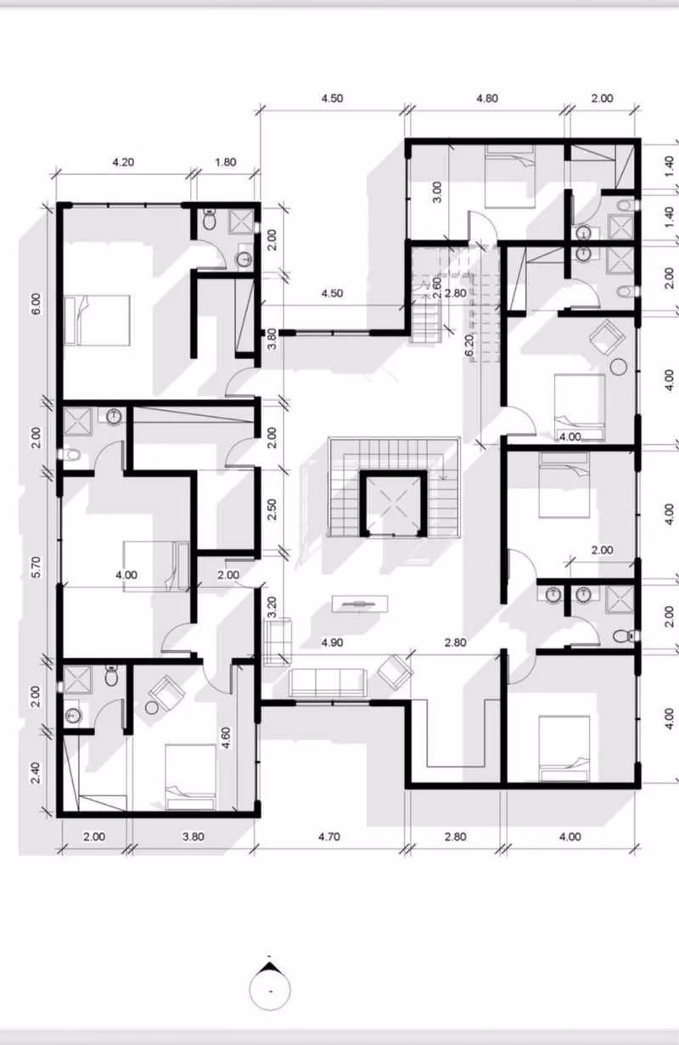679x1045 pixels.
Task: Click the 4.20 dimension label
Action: click(124, 162)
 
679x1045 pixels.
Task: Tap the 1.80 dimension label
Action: click(226, 162)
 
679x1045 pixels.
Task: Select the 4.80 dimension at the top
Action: click(486, 98)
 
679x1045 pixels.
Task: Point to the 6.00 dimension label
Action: click(36, 303)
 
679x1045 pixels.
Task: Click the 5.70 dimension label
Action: click(36, 568)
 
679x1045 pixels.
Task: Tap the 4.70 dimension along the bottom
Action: click(329, 836)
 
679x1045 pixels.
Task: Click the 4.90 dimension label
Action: click(332, 643)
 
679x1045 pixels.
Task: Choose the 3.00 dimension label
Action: click(438, 190)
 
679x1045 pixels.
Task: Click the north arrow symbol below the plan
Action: click(271, 985)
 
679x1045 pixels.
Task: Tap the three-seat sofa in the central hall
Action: click(328, 681)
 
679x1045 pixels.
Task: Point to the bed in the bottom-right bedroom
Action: click(564, 746)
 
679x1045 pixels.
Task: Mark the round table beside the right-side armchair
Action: click(619, 367)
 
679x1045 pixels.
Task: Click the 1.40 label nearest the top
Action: click(670, 166)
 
